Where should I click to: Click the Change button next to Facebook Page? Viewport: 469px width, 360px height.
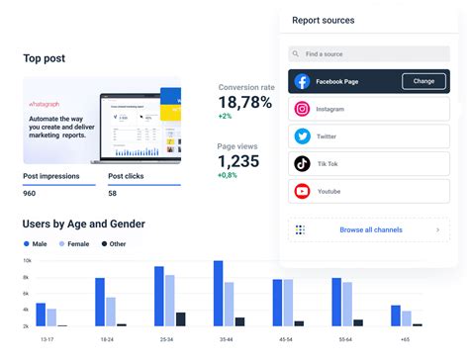click(423, 81)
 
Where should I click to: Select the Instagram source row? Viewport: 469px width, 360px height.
click(367, 110)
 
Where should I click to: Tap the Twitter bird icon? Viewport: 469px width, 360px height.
click(302, 136)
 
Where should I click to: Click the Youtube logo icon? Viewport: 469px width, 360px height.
click(302, 191)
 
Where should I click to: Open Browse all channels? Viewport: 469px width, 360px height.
click(367, 230)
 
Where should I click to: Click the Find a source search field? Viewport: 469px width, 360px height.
click(367, 54)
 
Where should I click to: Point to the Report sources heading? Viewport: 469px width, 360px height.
click(324, 20)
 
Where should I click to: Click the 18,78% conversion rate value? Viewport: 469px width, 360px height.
click(244, 102)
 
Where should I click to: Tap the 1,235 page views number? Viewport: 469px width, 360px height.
click(238, 161)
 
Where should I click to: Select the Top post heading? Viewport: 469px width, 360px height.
click(45, 58)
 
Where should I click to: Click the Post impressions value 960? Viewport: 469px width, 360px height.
click(31, 193)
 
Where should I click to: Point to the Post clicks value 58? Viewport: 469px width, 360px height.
click(113, 193)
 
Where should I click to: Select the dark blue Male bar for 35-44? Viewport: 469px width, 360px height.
click(218, 294)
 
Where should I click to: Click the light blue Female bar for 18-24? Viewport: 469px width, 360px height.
click(111, 312)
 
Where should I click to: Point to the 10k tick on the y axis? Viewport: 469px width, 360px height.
click(27, 261)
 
